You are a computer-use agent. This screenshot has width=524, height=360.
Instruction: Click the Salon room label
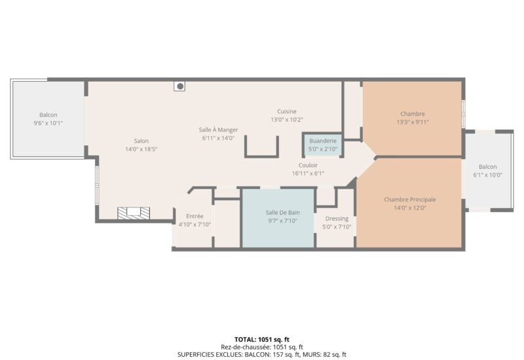[141, 141]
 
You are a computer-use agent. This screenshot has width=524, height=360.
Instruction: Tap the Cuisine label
[286, 111]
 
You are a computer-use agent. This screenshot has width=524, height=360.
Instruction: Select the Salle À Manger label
[218, 130]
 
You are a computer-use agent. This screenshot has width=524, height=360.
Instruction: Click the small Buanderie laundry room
[322, 144]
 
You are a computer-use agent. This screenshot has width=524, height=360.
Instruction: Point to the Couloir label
[308, 165]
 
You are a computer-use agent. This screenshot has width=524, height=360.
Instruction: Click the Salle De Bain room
[278, 218]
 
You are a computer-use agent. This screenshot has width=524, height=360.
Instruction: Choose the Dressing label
[337, 219]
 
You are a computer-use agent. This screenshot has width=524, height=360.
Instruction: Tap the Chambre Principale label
[409, 200]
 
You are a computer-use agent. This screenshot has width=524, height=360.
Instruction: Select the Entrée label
[195, 216]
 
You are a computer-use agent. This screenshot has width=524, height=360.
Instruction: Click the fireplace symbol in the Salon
[134, 213]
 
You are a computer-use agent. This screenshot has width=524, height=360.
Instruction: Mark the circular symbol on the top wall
[179, 86]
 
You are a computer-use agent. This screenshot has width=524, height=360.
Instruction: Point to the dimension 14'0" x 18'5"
[141, 149]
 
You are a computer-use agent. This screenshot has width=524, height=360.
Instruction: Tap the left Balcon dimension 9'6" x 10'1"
[48, 123]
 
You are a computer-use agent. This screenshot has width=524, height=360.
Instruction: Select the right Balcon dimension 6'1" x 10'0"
[487, 175]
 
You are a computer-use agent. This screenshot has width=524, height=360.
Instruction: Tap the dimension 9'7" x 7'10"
[282, 221]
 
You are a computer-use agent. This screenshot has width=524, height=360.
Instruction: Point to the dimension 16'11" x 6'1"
[308, 173]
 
